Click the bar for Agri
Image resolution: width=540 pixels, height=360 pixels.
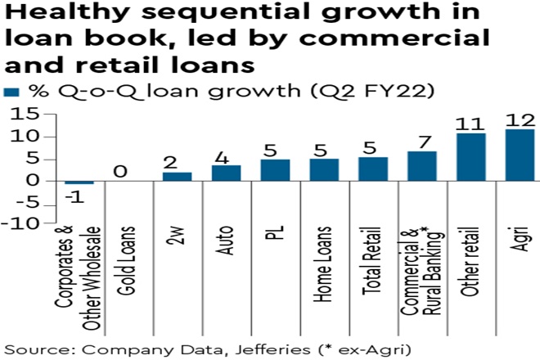tap(519, 155)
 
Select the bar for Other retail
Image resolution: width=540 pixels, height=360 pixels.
tap(470, 156)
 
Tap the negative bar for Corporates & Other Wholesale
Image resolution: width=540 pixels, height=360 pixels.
tap(79, 182)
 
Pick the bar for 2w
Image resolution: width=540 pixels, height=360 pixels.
tap(177, 176)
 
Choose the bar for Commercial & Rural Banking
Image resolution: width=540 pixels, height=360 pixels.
tap(421, 165)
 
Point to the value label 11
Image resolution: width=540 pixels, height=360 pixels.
tap(470, 123)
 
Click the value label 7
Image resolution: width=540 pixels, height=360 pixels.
tap(421, 141)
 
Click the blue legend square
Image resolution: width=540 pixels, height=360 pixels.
tap(10, 91)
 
